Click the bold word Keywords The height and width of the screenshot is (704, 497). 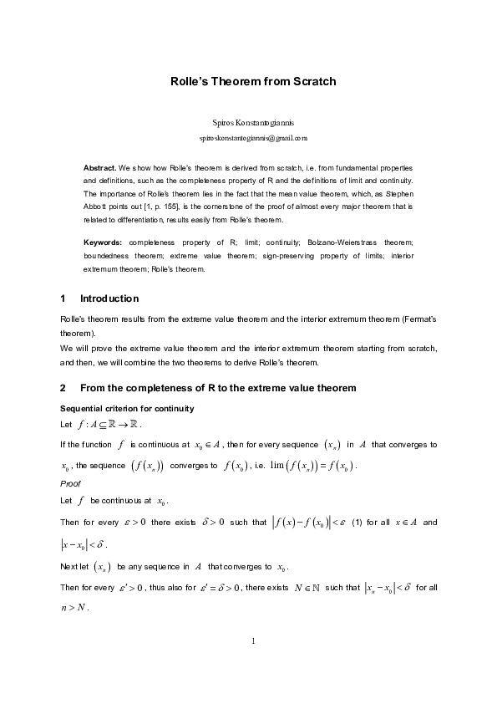click(102, 242)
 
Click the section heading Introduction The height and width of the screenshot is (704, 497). click(109, 298)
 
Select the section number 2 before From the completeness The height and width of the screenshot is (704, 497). click(63, 388)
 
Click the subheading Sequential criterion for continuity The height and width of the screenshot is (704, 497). click(127, 408)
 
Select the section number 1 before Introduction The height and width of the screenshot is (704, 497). click(63, 298)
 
